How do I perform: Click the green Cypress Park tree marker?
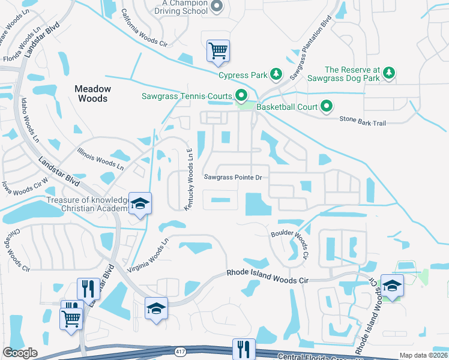(x=276, y=74)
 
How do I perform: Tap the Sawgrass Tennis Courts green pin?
(x=241, y=95)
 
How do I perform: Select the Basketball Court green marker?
(x=327, y=107)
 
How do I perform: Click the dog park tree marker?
(x=390, y=73)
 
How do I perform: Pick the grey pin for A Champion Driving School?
(x=217, y=7)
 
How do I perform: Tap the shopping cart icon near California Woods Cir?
(x=218, y=51)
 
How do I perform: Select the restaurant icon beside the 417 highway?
(x=244, y=349)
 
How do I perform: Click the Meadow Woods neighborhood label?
(x=92, y=93)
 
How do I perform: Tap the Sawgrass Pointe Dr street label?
(x=233, y=178)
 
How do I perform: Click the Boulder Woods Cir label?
(x=289, y=242)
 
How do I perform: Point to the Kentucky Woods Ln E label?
(x=188, y=179)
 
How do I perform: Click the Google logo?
(x=20, y=353)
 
